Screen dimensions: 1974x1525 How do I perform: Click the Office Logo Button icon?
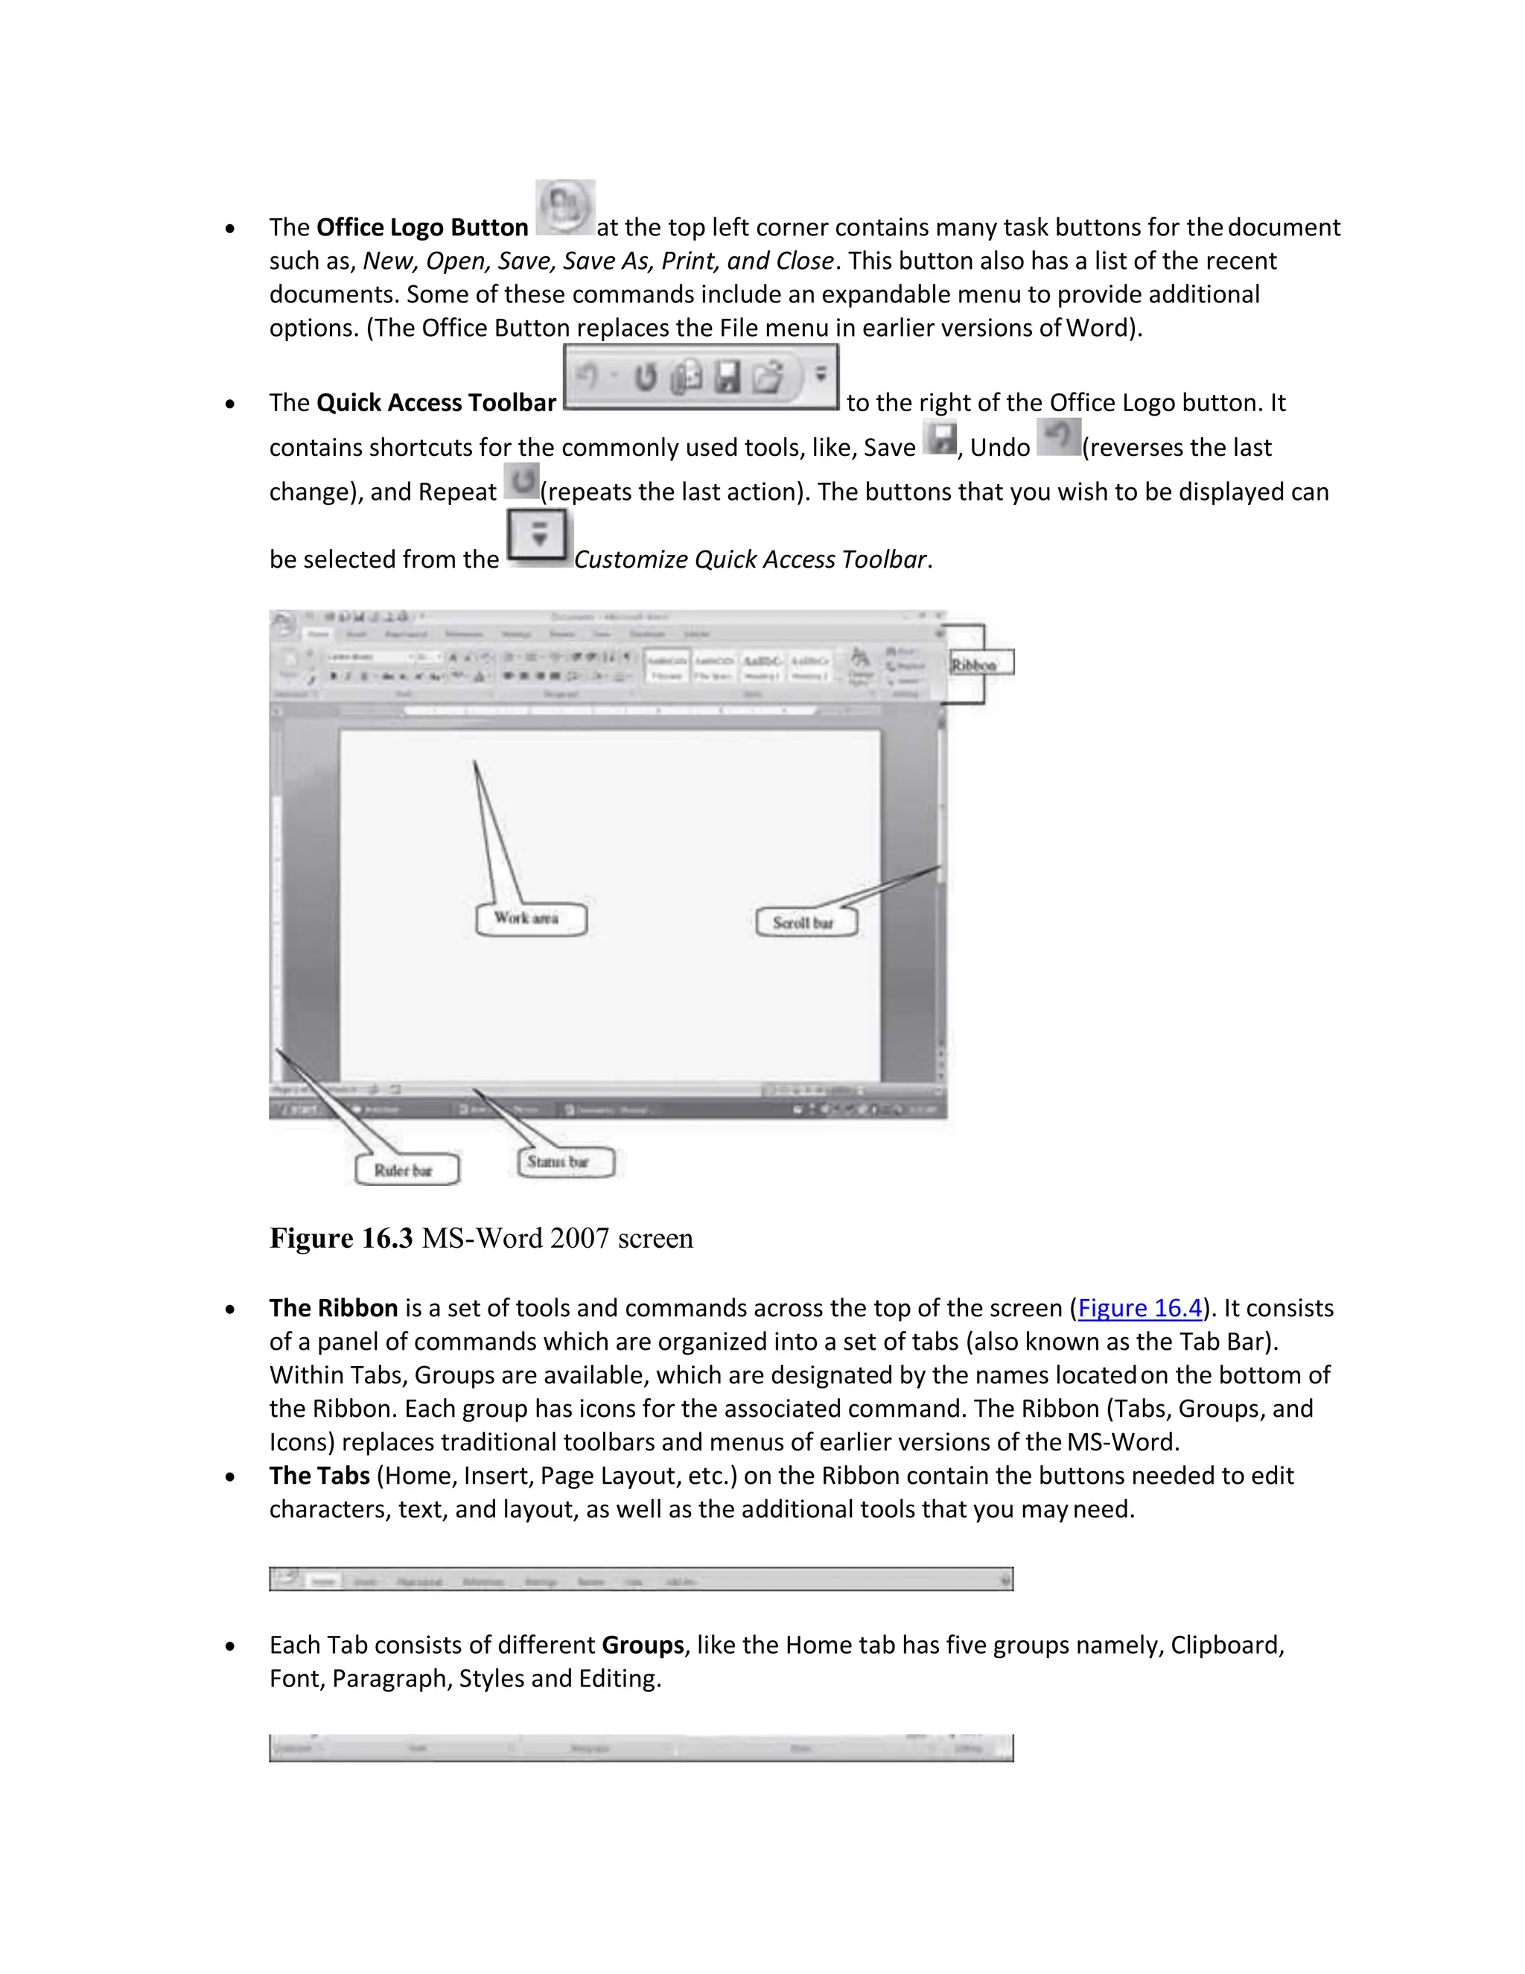(x=564, y=207)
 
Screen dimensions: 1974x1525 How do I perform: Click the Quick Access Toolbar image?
(x=700, y=376)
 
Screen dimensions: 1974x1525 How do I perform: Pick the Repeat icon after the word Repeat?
(x=521, y=481)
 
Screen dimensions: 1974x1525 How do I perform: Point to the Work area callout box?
(x=530, y=918)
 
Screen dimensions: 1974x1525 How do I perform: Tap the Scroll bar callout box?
(x=804, y=922)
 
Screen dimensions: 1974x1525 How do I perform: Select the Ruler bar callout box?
(x=405, y=1170)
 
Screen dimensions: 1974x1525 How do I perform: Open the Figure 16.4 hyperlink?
(x=1139, y=1308)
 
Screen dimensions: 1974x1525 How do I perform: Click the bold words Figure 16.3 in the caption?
(x=340, y=1237)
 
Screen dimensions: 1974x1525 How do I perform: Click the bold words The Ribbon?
(x=334, y=1308)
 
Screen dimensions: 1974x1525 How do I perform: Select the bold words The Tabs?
(x=319, y=1475)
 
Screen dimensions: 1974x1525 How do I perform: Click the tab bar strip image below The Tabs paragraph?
(x=640, y=1578)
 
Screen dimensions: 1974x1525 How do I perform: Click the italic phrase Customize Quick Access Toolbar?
(x=750, y=559)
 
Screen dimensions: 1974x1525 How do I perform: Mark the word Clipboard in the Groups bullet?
(x=1225, y=1644)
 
